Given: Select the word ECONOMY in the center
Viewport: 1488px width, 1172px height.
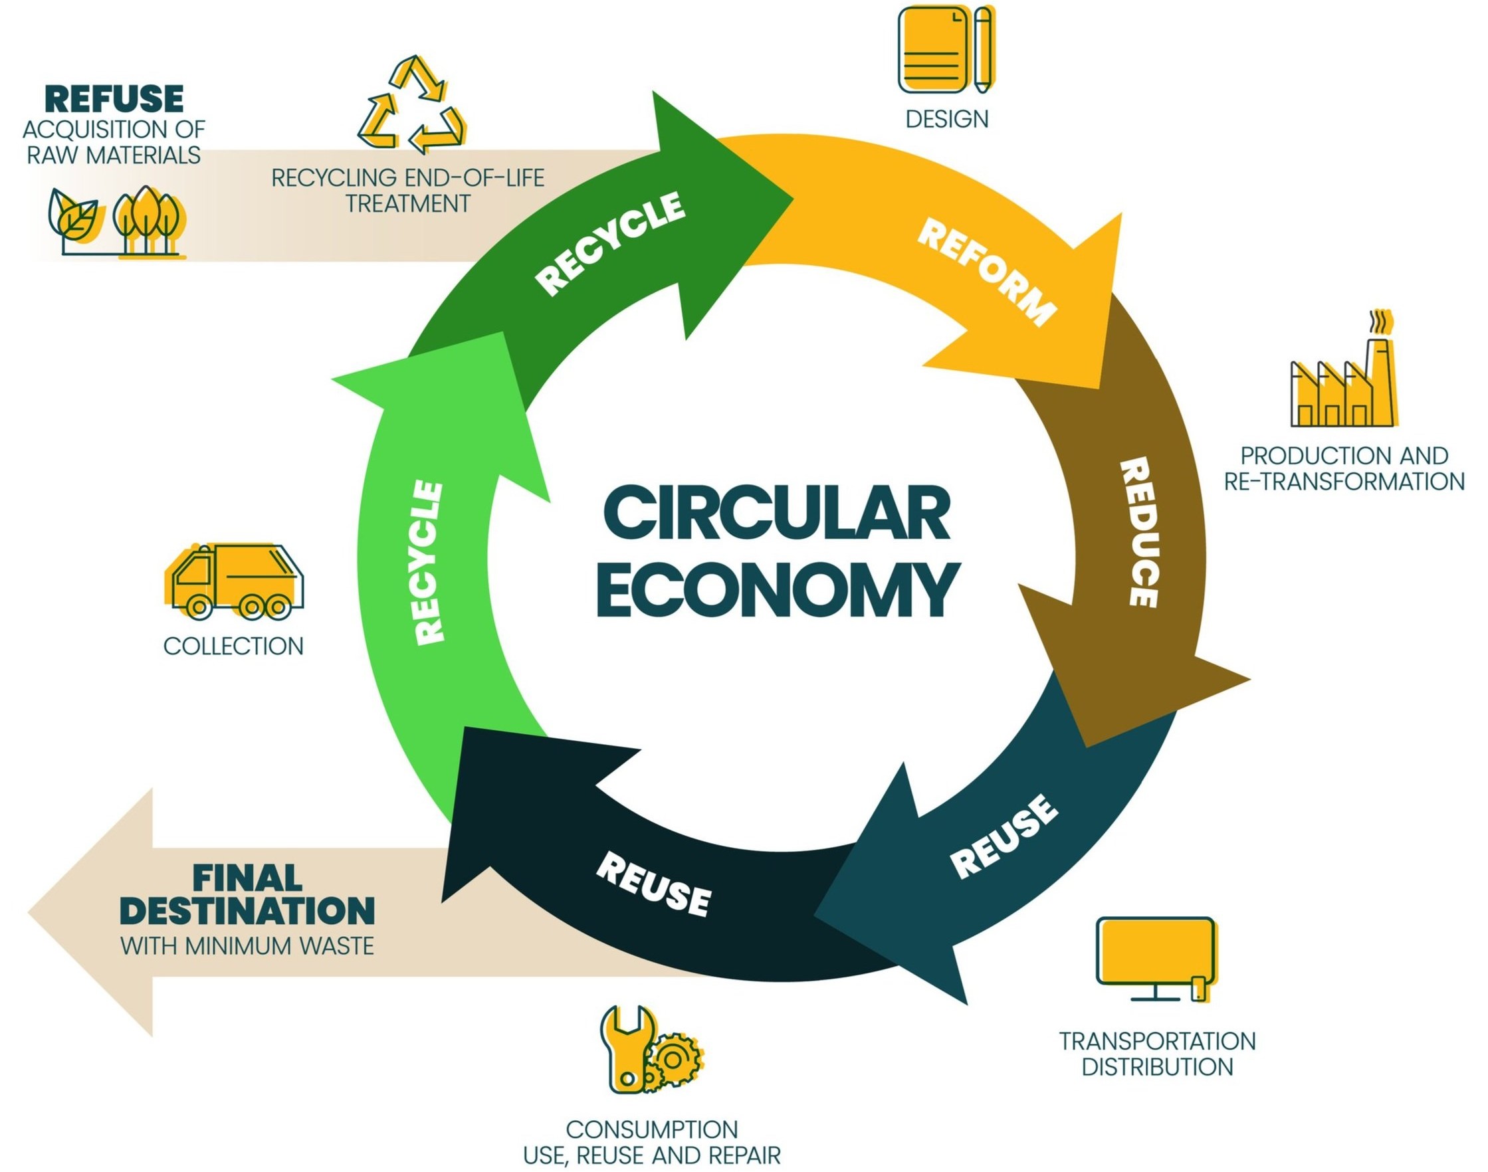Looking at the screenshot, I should click(x=778, y=590).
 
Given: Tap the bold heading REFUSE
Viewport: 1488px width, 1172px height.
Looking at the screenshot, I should click(x=114, y=100).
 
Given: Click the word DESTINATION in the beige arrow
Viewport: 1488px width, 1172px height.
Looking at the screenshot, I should click(x=248, y=912).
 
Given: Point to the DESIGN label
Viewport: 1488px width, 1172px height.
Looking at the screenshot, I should click(x=946, y=120).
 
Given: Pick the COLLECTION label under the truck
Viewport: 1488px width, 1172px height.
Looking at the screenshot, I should click(x=233, y=646).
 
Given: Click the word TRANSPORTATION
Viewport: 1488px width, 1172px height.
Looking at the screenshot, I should click(x=1157, y=1041).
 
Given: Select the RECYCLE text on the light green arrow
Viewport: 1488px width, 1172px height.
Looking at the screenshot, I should click(x=431, y=563).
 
